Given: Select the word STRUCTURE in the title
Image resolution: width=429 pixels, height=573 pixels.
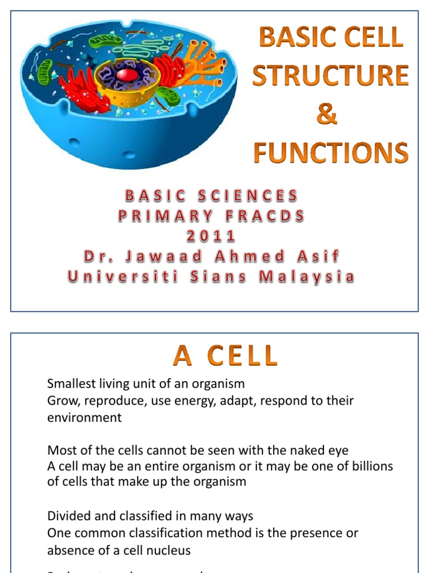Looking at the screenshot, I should pyautogui.click(x=331, y=76).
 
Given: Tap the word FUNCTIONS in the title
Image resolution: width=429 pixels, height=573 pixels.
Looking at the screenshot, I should pyautogui.click(x=331, y=152).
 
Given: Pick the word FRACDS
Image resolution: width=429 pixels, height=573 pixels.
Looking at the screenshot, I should pyautogui.click(x=266, y=215).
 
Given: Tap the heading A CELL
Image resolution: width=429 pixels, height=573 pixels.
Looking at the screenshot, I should pyautogui.click(x=225, y=356).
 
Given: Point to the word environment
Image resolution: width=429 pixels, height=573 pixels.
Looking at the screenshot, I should pyautogui.click(x=84, y=418).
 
